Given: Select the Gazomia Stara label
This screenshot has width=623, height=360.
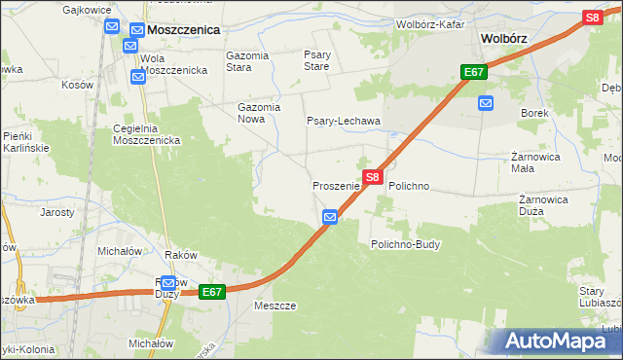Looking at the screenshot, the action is tap(246, 61).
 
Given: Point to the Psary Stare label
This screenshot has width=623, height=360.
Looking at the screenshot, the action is tap(316, 61).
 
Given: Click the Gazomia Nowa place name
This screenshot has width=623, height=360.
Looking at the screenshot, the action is tap(260, 114).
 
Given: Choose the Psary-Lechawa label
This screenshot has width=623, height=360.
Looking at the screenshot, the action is tap(344, 121).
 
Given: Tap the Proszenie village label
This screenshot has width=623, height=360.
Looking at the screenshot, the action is tap(336, 185).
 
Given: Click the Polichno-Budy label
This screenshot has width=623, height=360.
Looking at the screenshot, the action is tap(406, 244).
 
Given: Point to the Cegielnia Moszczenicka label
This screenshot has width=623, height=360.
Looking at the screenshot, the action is tap(148, 134).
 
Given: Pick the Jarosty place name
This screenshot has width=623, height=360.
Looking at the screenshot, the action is tap(56, 211).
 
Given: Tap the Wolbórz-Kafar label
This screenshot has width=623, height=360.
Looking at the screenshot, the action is tap(430, 23).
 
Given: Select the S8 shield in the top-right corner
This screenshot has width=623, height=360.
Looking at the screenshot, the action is tap(592, 17).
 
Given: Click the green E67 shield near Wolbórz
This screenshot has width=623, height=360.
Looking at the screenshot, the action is tap(474, 72).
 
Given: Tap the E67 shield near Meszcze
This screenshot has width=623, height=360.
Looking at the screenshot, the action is tap(213, 291).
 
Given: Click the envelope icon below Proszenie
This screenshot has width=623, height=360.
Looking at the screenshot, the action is tap(330, 217).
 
